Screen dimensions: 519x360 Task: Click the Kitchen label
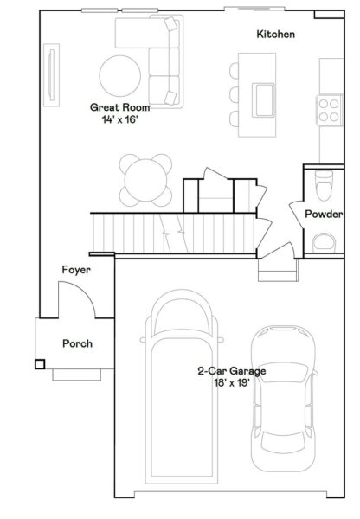click(x=276, y=35)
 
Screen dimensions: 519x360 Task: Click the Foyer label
click(x=76, y=270)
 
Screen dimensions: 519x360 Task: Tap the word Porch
click(x=77, y=343)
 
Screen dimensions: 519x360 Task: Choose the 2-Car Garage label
click(x=230, y=370)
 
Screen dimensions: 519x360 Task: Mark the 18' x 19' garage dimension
click(x=230, y=382)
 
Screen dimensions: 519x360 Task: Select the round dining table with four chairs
click(x=143, y=179)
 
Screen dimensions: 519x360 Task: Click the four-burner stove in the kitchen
click(x=329, y=107)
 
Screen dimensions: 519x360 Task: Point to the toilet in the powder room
click(x=324, y=184)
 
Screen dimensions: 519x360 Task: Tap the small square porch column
click(x=40, y=363)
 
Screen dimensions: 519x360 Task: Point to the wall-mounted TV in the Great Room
click(x=53, y=78)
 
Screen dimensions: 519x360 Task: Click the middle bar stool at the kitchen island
click(x=234, y=94)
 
